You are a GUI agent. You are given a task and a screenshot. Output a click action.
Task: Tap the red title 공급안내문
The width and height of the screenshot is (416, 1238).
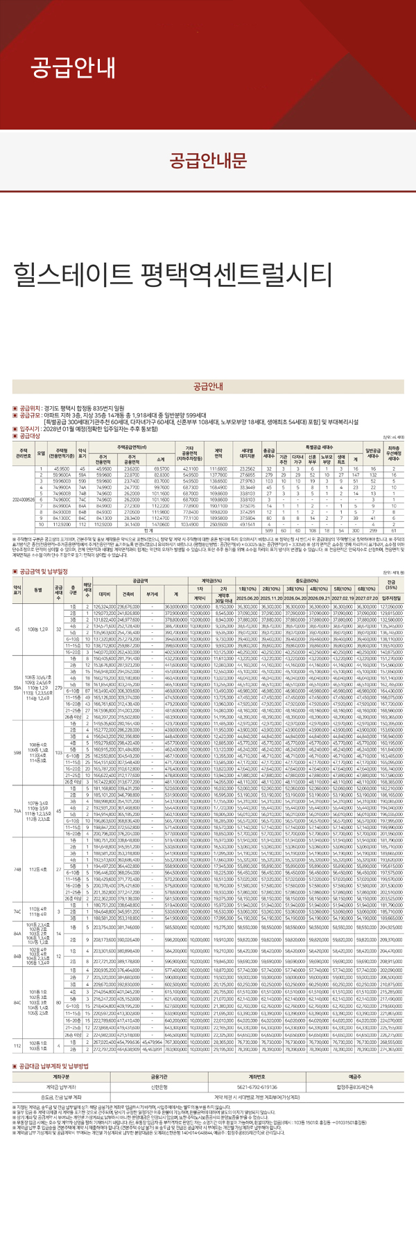pyautogui.click(x=208, y=160)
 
